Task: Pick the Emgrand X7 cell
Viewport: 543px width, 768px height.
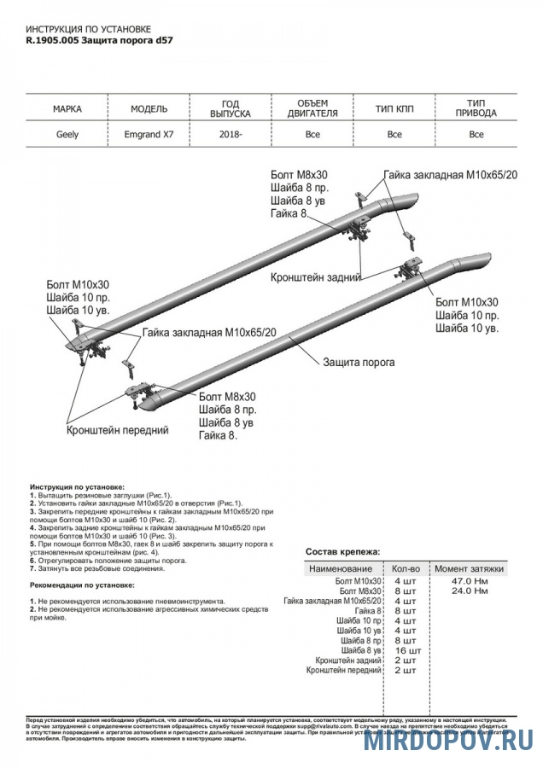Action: coord(148,134)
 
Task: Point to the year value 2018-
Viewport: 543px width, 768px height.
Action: coord(230,134)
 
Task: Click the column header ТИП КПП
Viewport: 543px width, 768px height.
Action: coord(394,109)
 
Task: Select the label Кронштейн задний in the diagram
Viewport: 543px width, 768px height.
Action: coord(315,277)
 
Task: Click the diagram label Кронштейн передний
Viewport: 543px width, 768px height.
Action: coord(116,431)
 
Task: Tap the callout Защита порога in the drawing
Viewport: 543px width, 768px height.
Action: coord(359,362)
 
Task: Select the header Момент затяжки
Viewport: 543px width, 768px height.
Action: coord(469,568)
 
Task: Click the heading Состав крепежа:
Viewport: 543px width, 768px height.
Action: coord(343,552)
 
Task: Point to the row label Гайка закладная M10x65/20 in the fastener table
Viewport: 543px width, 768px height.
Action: coord(332,602)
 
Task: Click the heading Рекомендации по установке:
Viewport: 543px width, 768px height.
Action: coord(82,585)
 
